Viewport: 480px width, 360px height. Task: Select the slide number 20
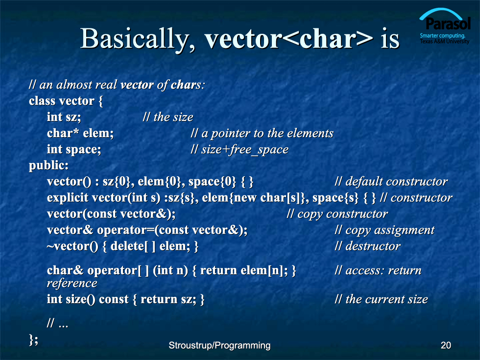(446, 345)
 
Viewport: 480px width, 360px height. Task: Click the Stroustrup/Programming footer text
(219, 345)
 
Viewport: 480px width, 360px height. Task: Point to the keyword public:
(48, 166)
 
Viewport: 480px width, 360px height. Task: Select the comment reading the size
(168, 117)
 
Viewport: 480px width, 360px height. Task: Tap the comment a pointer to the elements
(262, 133)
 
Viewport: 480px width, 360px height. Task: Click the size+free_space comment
(240, 149)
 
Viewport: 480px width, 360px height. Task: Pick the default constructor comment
(391, 182)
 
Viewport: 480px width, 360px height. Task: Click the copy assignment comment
(384, 230)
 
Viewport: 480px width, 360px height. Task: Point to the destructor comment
(367, 246)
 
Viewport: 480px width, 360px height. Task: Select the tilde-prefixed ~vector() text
(72, 246)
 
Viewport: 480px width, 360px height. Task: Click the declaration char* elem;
(80, 133)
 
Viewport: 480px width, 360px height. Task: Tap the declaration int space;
(74, 149)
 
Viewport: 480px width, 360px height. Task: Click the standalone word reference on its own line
(72, 283)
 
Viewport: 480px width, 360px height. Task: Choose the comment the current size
(381, 299)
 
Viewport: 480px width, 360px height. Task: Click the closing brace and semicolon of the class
(34, 339)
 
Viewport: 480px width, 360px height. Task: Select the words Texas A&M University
(445, 41)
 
